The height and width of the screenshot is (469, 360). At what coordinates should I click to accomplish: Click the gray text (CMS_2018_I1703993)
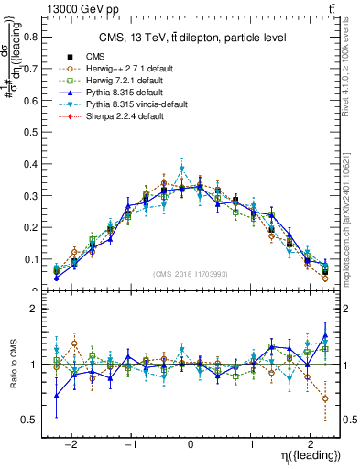[x=191, y=274]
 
